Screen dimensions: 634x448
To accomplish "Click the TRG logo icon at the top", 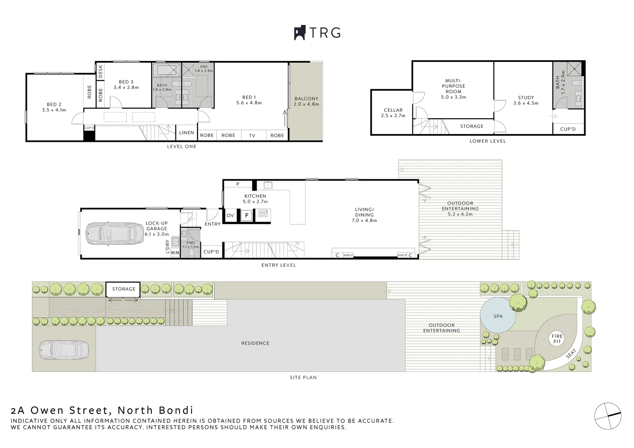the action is point(300,32).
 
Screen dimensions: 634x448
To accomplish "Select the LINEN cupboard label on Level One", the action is point(187,133).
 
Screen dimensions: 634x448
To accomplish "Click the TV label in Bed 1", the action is point(252,136).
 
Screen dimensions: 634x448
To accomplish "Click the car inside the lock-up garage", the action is point(115,234).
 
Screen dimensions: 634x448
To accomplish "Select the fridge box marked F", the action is point(246,216).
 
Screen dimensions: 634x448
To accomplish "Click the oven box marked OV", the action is point(230,216).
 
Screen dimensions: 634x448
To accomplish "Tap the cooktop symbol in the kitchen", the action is point(263,213).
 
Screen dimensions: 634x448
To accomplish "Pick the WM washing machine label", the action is point(175,253).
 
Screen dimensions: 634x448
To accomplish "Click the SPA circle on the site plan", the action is point(498,315).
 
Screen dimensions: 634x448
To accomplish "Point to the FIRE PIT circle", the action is point(557,339).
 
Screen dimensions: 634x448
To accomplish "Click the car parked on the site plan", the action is point(64,350).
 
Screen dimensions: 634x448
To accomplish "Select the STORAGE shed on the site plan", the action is point(123,289).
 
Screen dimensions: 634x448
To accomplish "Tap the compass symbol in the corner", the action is point(608,416).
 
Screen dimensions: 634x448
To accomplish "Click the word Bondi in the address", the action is point(176,410).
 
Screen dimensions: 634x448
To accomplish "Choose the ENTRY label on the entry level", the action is point(212,224).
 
